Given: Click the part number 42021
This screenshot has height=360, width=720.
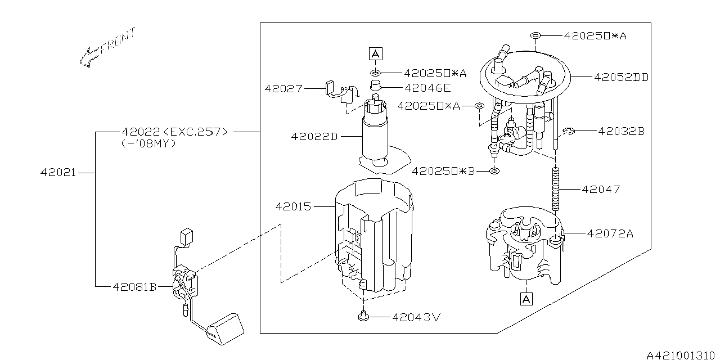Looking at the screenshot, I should coord(58,173).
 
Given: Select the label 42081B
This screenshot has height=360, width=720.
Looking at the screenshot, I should coord(134,286).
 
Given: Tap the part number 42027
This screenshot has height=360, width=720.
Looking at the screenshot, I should coord(284,89).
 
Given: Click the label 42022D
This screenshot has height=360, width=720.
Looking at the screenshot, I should coord(314,136).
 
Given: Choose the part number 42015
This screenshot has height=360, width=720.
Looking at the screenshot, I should coord(293,206).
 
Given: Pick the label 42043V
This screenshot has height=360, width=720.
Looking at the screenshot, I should coord(417,317).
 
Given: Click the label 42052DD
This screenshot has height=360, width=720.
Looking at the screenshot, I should coord(621,78).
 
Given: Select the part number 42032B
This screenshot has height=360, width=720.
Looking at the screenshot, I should coord(621,131).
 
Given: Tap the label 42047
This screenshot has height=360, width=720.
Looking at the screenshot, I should coord(601,189).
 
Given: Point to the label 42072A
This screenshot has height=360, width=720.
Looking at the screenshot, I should coord(610,233).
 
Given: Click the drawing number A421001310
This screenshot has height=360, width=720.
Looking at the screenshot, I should coord(681,354).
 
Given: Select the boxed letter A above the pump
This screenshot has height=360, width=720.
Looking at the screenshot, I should coord(375,54).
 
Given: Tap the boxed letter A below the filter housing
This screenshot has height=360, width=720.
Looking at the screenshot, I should coord(526,299).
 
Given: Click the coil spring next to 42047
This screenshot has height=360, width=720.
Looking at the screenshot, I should coord(556,190).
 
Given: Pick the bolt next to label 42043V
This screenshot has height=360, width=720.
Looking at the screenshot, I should coord(363,317).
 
